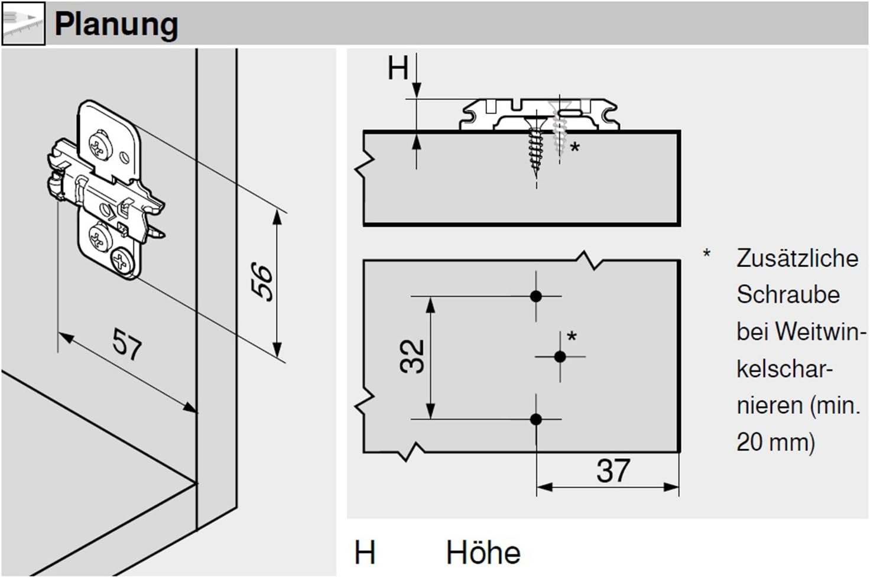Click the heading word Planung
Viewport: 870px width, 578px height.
click(116, 24)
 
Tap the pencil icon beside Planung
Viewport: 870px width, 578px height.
click(22, 24)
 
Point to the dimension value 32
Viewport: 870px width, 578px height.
click(413, 356)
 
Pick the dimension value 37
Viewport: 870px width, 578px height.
click(613, 471)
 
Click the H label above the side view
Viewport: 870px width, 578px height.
click(398, 68)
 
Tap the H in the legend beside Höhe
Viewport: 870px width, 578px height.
click(365, 553)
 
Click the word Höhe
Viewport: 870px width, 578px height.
click(483, 553)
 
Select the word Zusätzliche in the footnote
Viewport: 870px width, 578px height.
click(797, 258)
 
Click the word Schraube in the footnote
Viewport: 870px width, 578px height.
click(788, 295)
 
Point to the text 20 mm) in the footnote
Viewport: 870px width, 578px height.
click(775, 441)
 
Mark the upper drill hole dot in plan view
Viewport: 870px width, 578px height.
click(536, 296)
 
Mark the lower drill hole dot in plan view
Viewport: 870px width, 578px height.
click(536, 420)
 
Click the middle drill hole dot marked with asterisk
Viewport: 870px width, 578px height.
click(560, 356)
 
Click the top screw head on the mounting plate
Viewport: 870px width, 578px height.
click(100, 145)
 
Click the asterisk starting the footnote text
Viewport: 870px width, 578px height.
click(706, 255)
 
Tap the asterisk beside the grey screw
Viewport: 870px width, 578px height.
click(574, 147)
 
